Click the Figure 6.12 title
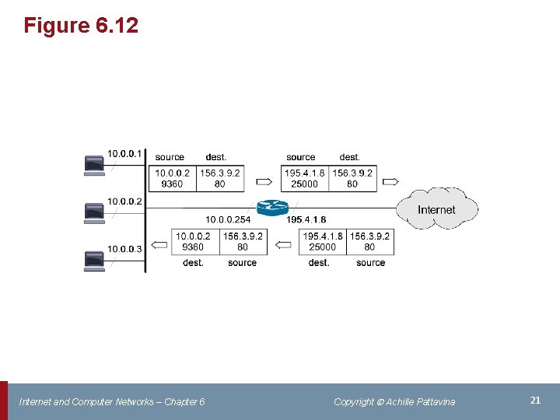[x=81, y=26]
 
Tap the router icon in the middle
[x=272, y=207]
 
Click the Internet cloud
[x=436, y=209]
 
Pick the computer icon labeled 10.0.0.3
[x=94, y=259]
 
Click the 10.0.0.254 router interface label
[x=228, y=220]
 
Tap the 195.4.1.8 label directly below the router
[x=306, y=220]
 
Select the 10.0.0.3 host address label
[x=124, y=249]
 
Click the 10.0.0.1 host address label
[x=124, y=154]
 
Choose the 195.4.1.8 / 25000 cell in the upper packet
[x=305, y=178]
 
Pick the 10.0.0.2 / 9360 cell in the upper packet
[x=173, y=178]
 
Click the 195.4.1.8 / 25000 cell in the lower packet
[x=323, y=241]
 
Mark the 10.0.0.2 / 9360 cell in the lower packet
[x=193, y=241]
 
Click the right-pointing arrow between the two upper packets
[x=264, y=183]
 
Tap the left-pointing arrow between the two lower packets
[x=284, y=246]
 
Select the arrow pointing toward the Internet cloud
[x=390, y=183]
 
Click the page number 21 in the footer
[x=535, y=401]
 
